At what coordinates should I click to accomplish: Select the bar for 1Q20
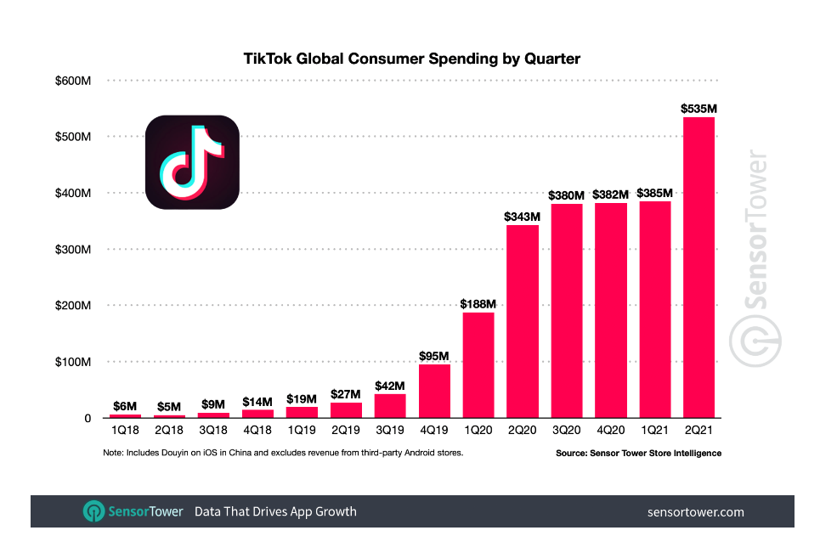coord(478,364)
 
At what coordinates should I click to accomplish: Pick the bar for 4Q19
coord(434,391)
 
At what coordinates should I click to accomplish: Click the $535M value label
coord(698,108)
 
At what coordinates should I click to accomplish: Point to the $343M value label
coord(523,217)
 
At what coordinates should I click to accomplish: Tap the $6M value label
coord(125,406)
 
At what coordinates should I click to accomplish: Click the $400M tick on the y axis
coord(75,194)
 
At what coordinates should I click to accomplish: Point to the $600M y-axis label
coord(75,81)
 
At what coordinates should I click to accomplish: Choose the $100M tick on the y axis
coord(75,362)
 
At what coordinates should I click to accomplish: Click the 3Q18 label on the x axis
coord(213,430)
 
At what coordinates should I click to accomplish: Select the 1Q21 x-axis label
coord(654,430)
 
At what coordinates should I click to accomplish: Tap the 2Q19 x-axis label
coord(346,430)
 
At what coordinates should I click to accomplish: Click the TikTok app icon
coord(192,161)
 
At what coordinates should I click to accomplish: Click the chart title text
coord(411,59)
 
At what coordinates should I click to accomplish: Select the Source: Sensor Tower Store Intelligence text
coord(638,453)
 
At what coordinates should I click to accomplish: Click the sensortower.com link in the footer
coord(695,511)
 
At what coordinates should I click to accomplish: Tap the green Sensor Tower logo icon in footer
coord(93,511)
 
